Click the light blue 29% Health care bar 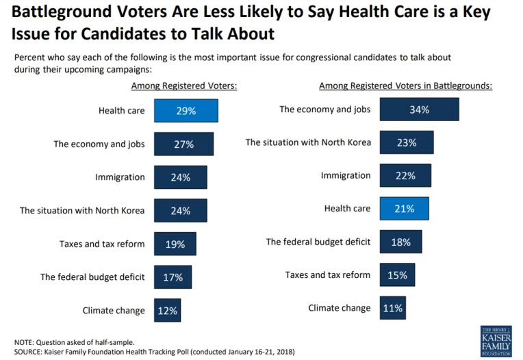[x=186, y=111]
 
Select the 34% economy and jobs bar [x=419, y=110]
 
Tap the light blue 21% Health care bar [x=404, y=209]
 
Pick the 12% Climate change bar [x=168, y=310]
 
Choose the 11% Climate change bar [x=392, y=308]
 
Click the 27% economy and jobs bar [x=183, y=144]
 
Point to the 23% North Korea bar [x=407, y=142]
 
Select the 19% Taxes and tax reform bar [x=175, y=244]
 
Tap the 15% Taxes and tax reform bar [x=397, y=275]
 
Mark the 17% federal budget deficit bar [x=173, y=277]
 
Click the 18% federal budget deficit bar [x=400, y=242]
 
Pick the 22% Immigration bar [x=405, y=176]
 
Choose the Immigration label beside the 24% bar [x=120, y=177]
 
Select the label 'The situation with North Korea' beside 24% [x=82, y=211]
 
